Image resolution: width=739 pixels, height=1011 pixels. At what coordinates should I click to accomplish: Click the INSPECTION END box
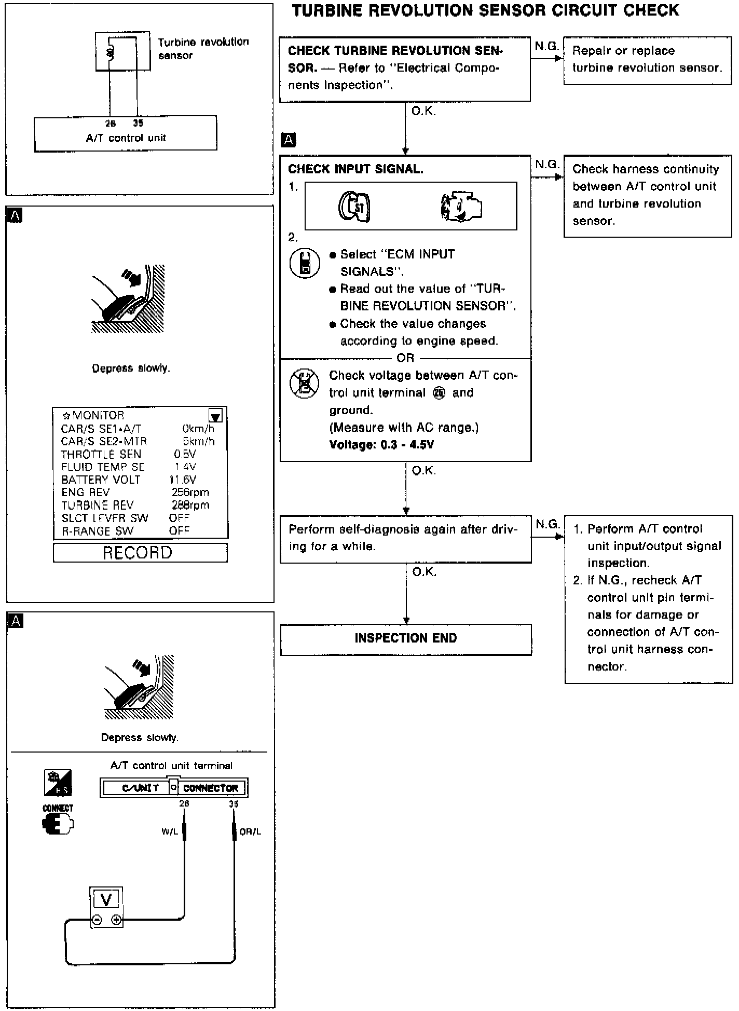[405, 639]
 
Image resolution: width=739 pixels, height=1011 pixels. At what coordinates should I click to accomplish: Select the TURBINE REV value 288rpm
[190, 505]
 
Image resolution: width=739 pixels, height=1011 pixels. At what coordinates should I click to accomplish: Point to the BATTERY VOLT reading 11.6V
[183, 480]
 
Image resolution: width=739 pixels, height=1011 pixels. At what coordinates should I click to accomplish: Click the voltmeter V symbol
[106, 898]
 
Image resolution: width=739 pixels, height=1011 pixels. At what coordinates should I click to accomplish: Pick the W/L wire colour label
[169, 831]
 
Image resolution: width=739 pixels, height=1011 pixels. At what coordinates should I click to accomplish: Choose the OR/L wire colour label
[250, 831]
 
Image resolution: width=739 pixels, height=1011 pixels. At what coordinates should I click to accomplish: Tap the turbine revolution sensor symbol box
[116, 51]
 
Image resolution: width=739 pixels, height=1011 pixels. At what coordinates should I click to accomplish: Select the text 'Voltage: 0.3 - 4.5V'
[381, 445]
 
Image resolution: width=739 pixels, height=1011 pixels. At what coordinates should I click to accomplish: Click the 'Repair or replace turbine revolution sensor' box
[647, 59]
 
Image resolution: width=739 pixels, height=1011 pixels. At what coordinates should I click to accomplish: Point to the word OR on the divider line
[405, 358]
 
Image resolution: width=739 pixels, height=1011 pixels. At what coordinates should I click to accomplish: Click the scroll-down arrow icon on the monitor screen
[216, 416]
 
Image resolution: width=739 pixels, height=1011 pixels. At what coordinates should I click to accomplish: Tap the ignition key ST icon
[355, 207]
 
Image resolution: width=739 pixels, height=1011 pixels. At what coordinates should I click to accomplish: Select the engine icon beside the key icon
[461, 206]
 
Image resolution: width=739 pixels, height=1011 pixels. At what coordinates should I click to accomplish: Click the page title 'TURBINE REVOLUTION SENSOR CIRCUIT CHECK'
[485, 10]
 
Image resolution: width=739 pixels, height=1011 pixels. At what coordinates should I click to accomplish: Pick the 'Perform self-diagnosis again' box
[405, 538]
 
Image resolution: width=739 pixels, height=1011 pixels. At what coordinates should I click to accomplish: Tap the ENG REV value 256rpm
[190, 492]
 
